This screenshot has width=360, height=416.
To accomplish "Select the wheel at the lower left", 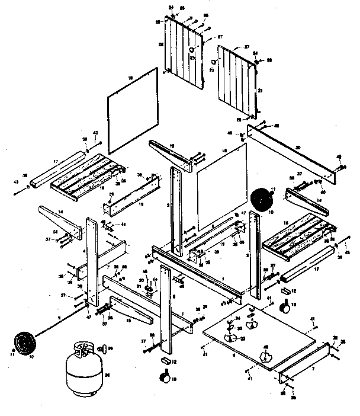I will coord(25,343).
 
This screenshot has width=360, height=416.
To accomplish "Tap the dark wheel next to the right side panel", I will coord(259,199).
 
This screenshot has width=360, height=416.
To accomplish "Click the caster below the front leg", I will coord(163,376).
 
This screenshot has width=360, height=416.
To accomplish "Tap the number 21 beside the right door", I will coord(259,90).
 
